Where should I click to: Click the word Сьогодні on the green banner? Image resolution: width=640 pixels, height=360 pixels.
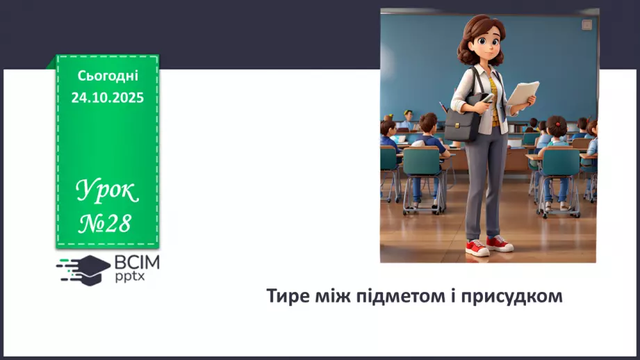(107, 76)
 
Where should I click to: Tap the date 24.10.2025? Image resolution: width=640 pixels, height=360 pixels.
(107, 98)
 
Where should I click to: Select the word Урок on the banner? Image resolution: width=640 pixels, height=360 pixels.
(107, 190)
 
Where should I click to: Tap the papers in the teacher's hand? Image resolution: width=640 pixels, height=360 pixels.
(523, 95)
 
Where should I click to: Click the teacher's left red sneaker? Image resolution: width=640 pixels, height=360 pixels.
(500, 243)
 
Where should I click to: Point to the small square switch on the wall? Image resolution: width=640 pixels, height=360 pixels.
(586, 25)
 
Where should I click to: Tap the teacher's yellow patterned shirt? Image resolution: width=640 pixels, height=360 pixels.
(494, 97)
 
